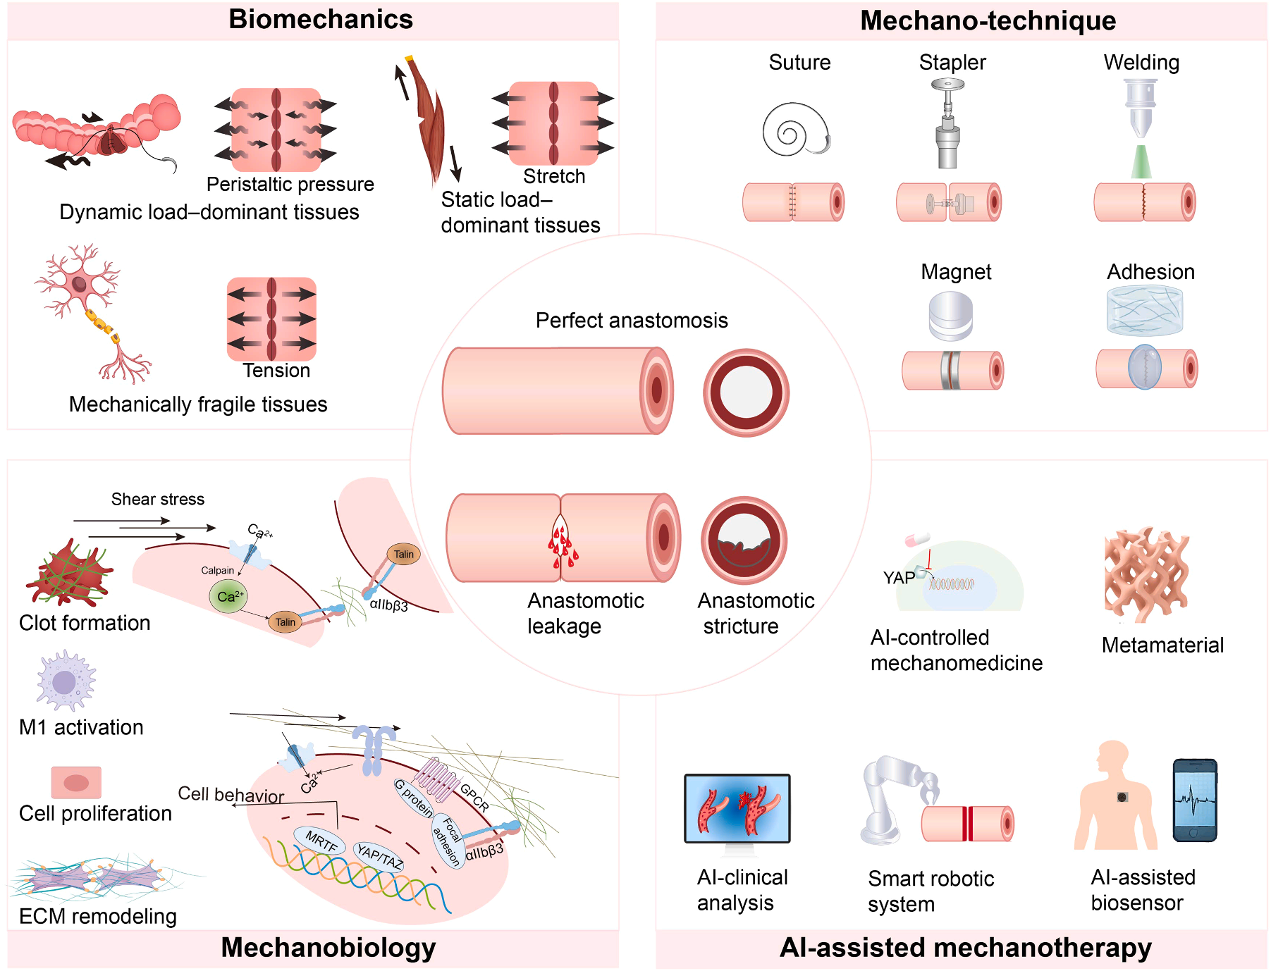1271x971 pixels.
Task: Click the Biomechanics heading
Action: point(321,20)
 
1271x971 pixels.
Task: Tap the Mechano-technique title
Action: point(988,21)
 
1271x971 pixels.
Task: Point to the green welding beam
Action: point(1141,162)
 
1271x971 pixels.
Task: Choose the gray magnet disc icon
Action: point(950,316)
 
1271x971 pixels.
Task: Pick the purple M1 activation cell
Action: point(65,681)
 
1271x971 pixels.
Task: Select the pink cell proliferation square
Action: point(76,782)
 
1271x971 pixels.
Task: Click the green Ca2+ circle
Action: point(228,597)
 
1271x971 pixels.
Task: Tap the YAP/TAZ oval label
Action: point(379,856)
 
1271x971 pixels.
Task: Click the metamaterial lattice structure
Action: point(1146,575)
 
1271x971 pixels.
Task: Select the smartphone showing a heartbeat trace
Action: point(1195,800)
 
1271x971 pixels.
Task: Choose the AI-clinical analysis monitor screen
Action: point(737,808)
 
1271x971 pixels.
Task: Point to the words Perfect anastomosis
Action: point(632,321)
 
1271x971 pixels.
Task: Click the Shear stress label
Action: point(158,500)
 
